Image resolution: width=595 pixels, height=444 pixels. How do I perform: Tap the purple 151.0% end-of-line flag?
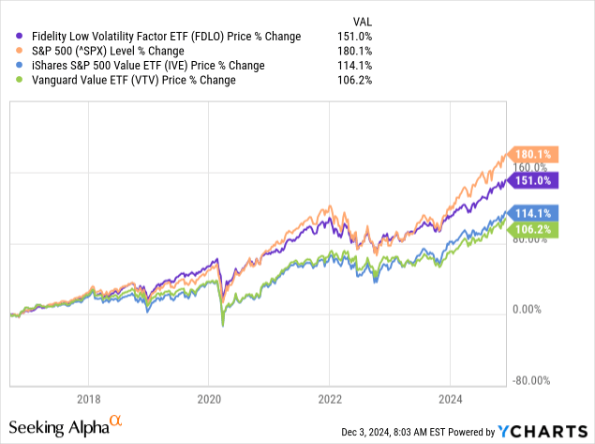(534, 180)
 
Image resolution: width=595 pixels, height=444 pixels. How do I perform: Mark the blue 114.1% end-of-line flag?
(534, 213)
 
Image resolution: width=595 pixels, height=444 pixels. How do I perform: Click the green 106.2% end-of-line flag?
(534, 228)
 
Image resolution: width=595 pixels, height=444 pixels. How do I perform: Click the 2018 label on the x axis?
(88, 396)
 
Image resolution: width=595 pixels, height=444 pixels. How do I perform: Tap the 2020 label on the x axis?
(209, 396)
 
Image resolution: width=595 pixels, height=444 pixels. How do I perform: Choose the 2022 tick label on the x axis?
(330, 396)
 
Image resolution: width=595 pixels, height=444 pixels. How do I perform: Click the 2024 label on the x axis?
(451, 396)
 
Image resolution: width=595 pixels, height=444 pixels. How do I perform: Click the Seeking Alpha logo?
(69, 429)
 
